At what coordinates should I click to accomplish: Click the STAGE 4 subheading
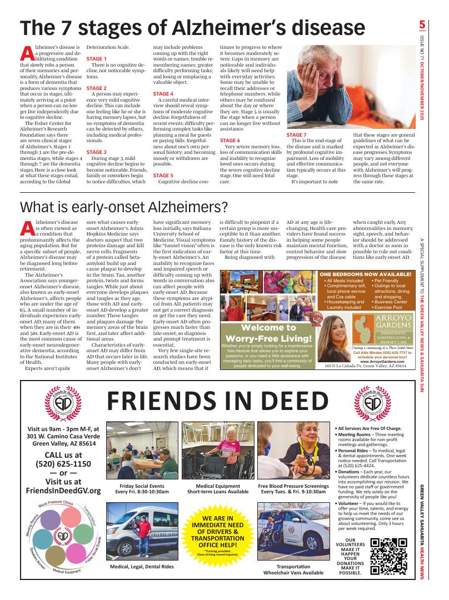(x=163, y=94)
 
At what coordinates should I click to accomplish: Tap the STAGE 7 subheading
(x=296, y=135)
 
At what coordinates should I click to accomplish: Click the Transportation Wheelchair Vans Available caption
(x=293, y=569)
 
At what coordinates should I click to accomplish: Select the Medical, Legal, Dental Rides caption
(x=142, y=566)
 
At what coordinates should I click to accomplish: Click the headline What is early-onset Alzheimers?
(x=123, y=207)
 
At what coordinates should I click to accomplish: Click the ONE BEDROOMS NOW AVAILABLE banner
(x=366, y=274)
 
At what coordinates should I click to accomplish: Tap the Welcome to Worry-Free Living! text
(x=269, y=333)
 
